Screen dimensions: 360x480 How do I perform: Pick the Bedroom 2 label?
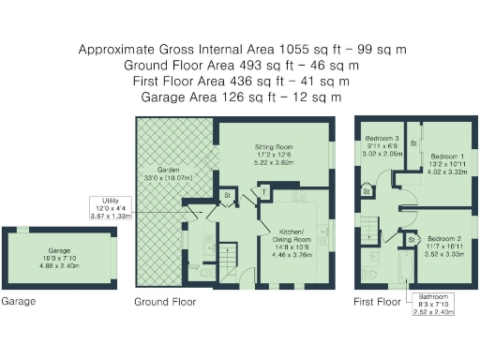(445, 245)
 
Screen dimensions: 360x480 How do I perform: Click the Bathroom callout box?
(433, 305)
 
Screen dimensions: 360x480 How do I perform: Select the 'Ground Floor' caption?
(166, 302)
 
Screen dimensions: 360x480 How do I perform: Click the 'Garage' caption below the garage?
(19, 302)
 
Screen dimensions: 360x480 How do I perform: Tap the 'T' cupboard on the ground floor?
(266, 191)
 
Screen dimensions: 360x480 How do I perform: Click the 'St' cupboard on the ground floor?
(227, 194)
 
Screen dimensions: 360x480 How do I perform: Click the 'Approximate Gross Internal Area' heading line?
(241, 50)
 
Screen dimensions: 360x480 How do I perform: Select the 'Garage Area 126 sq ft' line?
(241, 96)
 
